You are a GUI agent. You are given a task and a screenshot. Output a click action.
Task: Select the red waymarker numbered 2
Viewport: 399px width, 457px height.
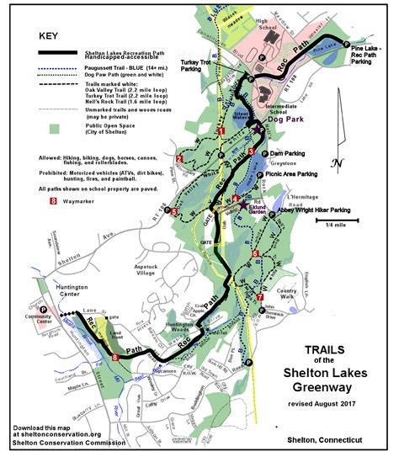click(x=178, y=157)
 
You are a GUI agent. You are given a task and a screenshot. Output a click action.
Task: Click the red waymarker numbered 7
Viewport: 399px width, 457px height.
click(x=260, y=297)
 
